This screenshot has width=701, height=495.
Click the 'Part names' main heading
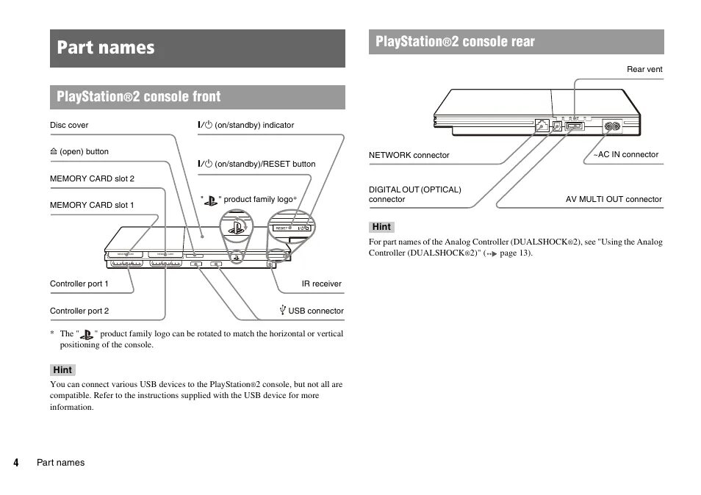click(x=107, y=48)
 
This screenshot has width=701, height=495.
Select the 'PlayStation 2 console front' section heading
click(x=139, y=96)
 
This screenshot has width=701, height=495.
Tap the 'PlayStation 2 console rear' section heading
click(x=455, y=42)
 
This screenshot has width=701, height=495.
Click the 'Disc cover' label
click(x=69, y=125)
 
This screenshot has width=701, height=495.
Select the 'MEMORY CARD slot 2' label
click(x=92, y=178)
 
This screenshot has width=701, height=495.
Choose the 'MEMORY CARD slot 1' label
click(x=92, y=205)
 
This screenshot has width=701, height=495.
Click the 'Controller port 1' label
click(x=79, y=283)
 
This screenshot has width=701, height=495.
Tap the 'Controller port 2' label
click(x=79, y=311)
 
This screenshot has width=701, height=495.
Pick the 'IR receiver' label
click(x=321, y=283)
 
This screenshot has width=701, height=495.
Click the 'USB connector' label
click(x=314, y=311)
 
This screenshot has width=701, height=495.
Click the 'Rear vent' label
click(x=644, y=69)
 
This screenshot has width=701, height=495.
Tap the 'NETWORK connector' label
click(x=409, y=155)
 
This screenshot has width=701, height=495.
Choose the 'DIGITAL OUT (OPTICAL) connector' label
click(x=414, y=194)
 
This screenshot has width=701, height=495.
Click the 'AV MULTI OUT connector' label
click(x=614, y=199)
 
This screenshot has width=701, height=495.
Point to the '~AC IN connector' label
click(x=626, y=154)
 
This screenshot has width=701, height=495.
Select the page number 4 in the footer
click(x=15, y=463)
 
